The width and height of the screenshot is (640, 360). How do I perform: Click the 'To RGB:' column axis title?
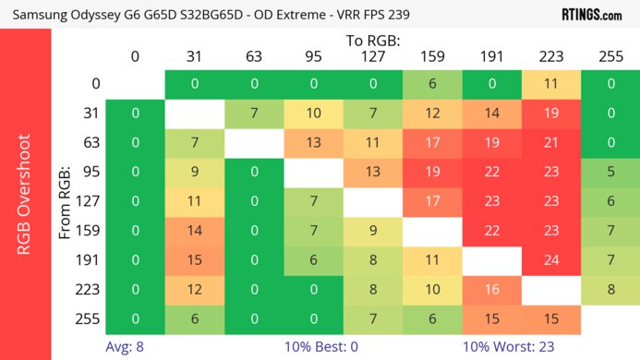pos(373,42)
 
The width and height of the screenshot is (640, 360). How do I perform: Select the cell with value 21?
pos(551,142)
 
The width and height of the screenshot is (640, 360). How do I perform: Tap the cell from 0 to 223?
pos(551,83)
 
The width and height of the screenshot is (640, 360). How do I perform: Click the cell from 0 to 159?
pos(432,83)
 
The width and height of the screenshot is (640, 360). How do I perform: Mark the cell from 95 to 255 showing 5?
pos(610,172)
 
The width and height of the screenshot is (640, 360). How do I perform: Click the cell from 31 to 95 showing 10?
pos(313,113)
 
